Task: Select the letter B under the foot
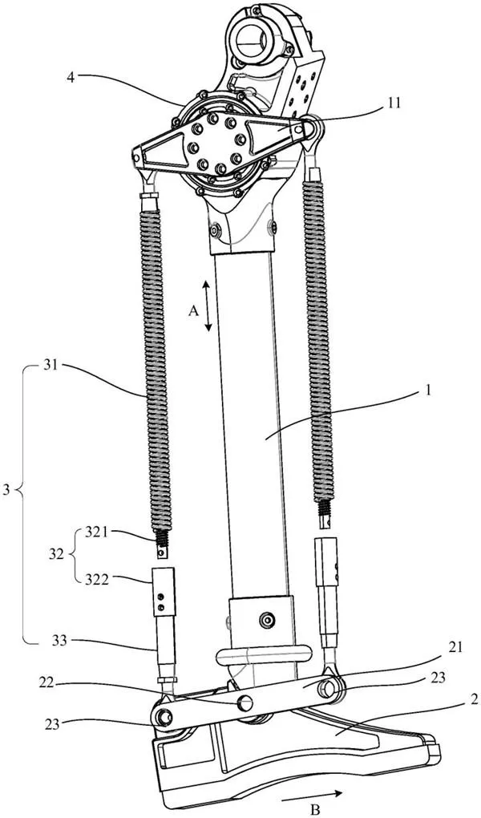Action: point(289,800)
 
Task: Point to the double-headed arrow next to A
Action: point(207,306)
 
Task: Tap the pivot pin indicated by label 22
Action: point(245,703)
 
